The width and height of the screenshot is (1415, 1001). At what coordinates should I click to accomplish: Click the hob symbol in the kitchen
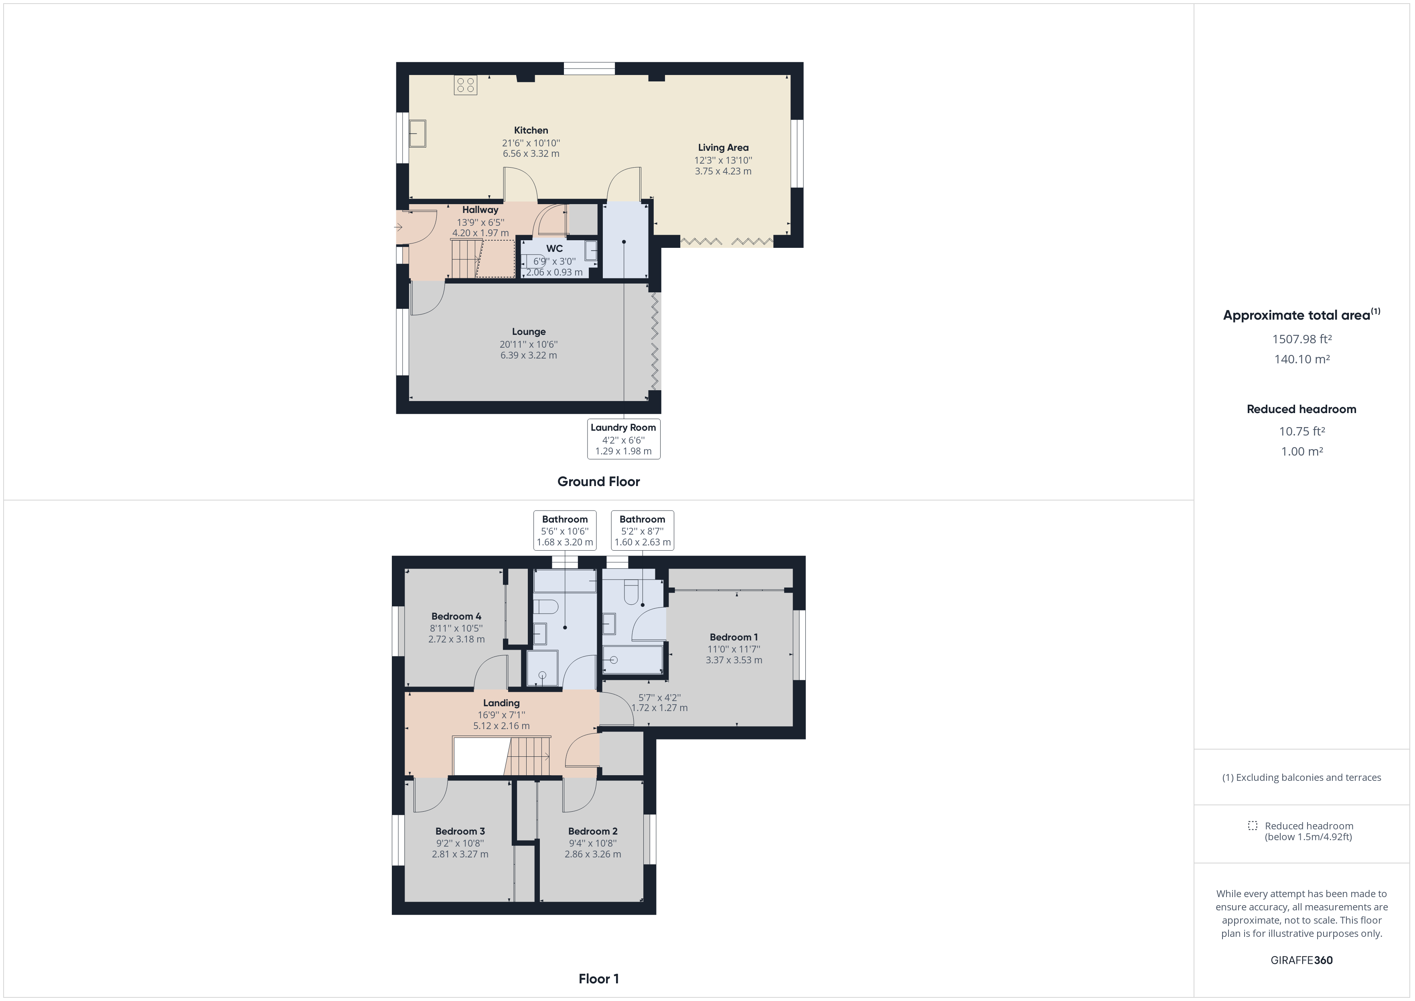coord(465,85)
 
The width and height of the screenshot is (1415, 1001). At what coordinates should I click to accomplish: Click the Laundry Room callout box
coord(623,439)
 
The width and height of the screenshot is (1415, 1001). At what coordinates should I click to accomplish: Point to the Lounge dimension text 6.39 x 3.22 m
coord(528,355)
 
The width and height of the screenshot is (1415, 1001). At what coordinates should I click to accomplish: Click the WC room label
coord(554,248)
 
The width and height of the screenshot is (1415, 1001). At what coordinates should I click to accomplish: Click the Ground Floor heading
coord(598,481)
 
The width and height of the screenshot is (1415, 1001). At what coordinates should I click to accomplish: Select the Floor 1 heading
coord(598,978)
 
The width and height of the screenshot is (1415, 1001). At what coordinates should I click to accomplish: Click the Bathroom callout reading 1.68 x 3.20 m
coord(565,530)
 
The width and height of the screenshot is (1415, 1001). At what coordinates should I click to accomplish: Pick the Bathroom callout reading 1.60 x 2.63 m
coord(642,530)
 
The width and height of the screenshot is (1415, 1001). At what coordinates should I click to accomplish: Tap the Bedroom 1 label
coord(734,637)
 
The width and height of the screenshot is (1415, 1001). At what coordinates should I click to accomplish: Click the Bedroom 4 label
coord(456,616)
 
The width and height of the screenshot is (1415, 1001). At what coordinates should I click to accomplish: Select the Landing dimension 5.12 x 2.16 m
coord(501,725)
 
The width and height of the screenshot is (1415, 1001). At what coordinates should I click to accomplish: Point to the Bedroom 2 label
coord(592,831)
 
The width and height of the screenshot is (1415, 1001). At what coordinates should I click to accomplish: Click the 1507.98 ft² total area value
coord(1301,339)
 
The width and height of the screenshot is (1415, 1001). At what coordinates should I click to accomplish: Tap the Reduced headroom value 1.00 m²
coord(1301,451)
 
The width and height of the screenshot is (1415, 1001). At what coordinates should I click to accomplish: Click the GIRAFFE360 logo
coord(1301,960)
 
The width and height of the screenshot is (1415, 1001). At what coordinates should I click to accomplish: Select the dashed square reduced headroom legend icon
coord(1252,825)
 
